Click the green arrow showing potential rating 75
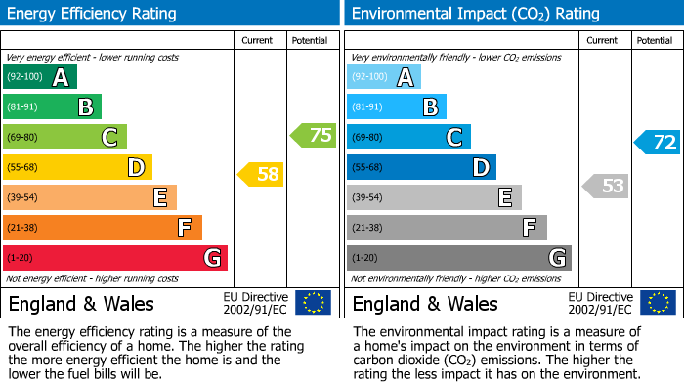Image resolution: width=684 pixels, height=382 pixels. [x=314, y=136]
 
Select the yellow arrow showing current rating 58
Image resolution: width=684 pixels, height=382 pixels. [x=262, y=175]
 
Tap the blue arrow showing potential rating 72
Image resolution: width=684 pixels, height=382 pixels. [x=658, y=142]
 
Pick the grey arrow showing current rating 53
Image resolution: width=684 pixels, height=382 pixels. [x=606, y=186]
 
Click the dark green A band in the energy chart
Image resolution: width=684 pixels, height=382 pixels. [x=40, y=77]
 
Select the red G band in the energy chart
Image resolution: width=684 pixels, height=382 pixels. [x=115, y=258]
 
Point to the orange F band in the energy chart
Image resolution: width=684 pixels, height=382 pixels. [x=103, y=228]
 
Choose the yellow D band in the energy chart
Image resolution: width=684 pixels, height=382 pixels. [x=77, y=167]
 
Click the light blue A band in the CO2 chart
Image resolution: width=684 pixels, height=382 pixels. [x=384, y=77]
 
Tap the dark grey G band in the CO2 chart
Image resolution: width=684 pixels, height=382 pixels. [x=459, y=258]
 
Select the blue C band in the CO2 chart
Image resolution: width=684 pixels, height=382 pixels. [x=408, y=137]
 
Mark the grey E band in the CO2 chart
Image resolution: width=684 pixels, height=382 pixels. [x=434, y=197]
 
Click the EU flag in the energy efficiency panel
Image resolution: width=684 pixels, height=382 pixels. [x=314, y=303]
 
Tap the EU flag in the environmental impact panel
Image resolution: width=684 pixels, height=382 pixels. [x=658, y=303]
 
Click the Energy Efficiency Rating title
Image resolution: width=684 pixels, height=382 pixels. [x=93, y=14]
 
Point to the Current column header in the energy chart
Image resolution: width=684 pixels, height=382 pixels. [x=257, y=40]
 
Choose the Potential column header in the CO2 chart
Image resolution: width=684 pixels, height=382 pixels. [x=654, y=40]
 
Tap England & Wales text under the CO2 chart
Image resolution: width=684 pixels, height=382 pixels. [x=425, y=303]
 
